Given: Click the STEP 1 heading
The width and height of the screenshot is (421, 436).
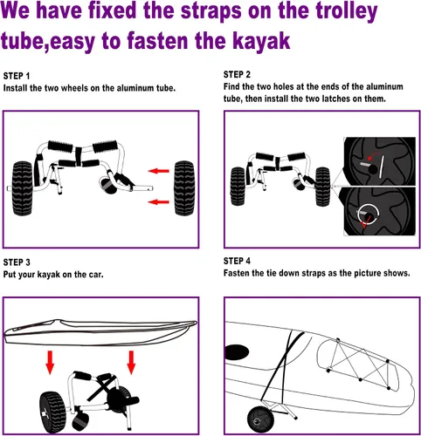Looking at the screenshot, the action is (x=17, y=76).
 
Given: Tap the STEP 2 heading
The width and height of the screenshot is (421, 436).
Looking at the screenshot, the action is (x=237, y=75).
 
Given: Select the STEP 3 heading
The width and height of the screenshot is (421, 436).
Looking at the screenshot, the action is (x=17, y=262).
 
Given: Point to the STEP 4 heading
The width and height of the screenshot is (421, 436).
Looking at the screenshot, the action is (x=237, y=261).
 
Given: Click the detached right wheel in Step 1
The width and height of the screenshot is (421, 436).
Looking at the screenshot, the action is (x=184, y=188).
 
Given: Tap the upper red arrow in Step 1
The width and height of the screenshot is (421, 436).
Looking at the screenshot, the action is (x=159, y=171).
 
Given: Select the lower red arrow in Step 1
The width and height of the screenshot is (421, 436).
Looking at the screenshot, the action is (x=159, y=202).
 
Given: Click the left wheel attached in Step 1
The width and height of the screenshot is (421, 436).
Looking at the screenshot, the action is (x=23, y=188).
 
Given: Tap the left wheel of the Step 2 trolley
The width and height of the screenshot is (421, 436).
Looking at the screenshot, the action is (x=238, y=187).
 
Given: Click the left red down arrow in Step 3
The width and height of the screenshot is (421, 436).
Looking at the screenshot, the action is (x=50, y=363).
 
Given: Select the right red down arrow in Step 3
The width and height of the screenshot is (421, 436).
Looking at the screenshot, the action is (x=131, y=363).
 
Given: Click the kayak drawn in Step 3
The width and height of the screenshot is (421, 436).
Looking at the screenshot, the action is (x=100, y=333).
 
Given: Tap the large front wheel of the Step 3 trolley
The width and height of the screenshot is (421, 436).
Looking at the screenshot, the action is (x=53, y=412).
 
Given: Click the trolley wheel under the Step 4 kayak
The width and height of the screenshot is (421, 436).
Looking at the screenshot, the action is (x=260, y=419).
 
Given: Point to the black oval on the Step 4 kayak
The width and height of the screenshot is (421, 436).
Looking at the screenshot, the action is (x=237, y=351).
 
